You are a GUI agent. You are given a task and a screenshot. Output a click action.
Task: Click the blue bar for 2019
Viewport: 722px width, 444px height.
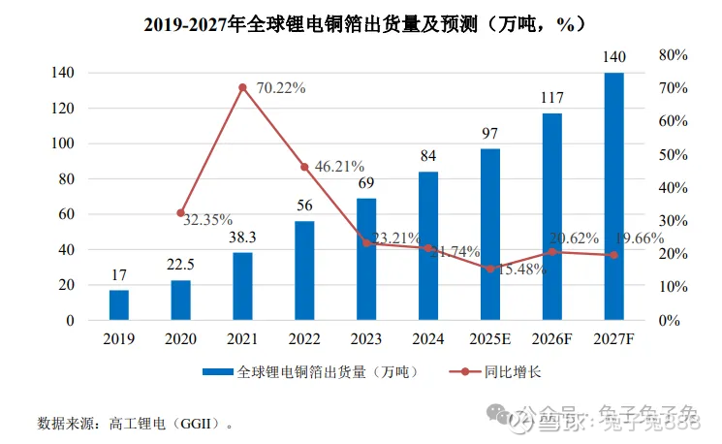pos(119,304)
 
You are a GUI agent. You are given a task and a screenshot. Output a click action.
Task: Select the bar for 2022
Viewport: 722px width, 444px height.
pos(304,270)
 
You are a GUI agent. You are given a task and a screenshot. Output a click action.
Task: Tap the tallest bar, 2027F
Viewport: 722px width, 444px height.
pos(613,196)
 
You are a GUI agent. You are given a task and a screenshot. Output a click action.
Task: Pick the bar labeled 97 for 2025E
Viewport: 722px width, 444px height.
pos(490,234)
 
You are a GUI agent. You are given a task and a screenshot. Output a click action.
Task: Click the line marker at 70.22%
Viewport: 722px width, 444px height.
pos(242,87)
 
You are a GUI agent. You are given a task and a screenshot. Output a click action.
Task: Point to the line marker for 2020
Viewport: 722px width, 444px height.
pos(181,213)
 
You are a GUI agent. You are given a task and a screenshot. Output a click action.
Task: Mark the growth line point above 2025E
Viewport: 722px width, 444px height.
pos(490,269)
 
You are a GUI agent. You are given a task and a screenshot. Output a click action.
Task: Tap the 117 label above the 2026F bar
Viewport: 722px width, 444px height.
pos(551,98)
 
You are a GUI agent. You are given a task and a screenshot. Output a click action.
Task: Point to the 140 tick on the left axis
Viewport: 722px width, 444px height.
pos(63,73)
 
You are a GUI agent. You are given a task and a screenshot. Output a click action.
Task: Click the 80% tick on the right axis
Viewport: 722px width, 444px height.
pos(673,55)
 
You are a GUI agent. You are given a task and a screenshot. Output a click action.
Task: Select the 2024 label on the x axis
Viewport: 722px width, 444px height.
pos(428,338)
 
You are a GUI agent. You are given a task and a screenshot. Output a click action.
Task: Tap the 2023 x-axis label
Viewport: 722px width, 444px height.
pos(366,338)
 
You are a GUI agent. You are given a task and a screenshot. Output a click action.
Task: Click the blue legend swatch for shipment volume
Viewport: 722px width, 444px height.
pos(219,371)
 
